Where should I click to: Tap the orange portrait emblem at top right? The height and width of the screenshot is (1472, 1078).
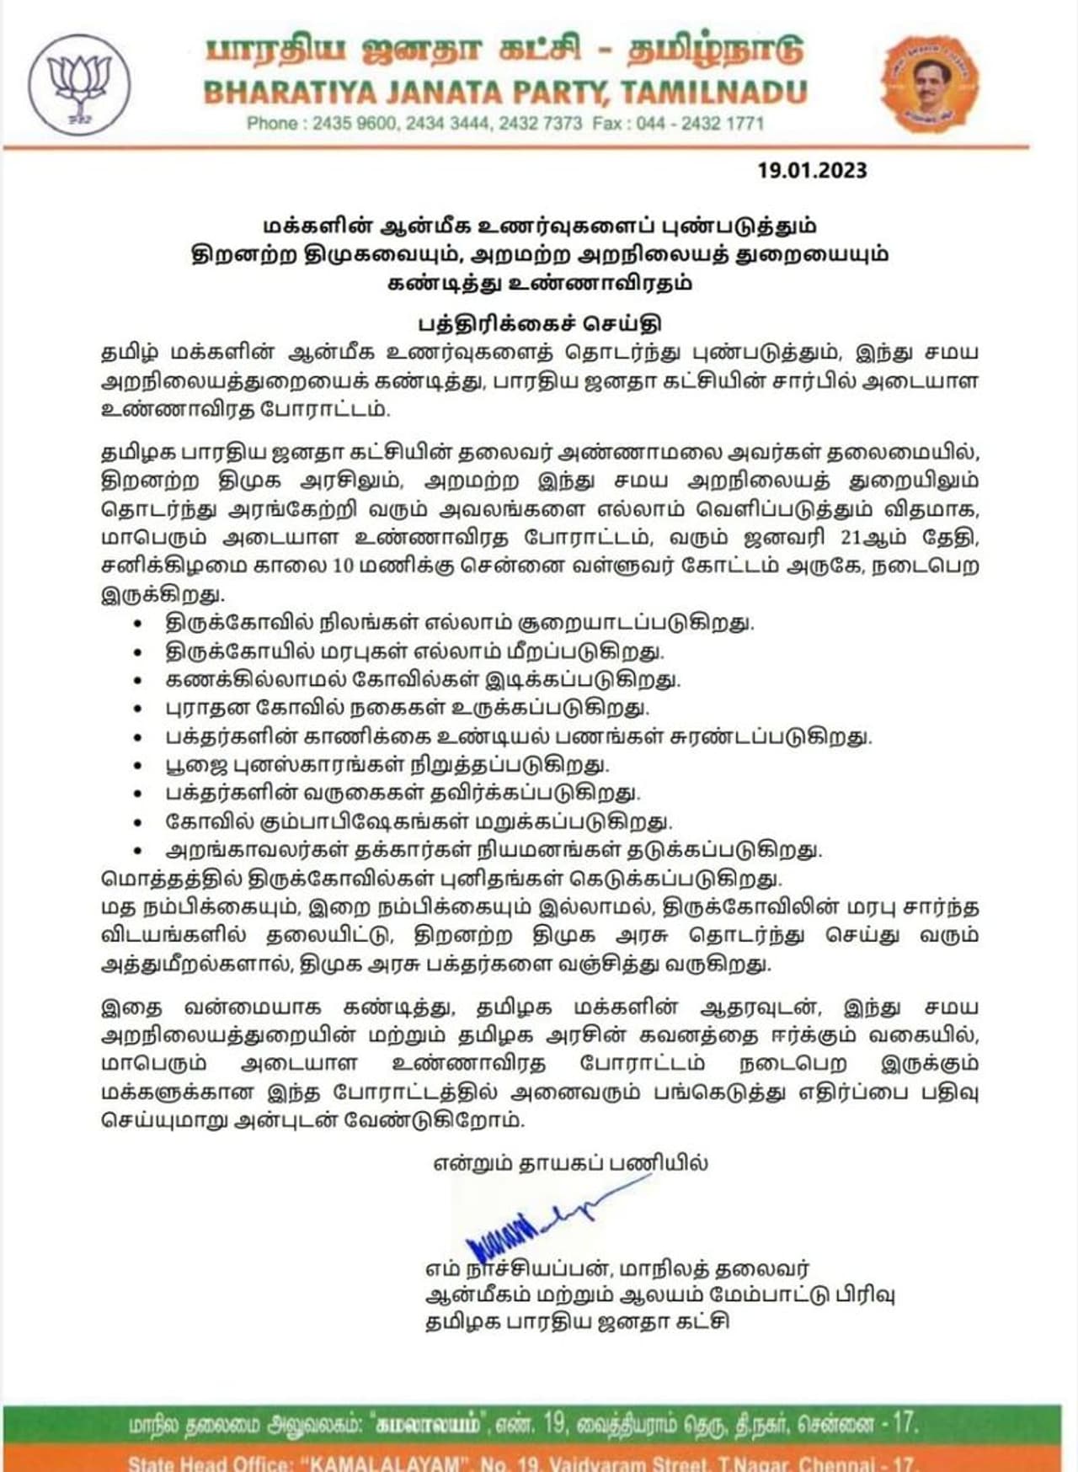point(929,83)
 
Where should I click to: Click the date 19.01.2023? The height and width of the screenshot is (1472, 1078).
point(811,170)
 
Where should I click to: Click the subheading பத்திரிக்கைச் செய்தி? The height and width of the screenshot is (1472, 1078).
point(540,324)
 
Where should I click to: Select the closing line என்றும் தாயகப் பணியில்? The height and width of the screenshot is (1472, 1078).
point(570,1163)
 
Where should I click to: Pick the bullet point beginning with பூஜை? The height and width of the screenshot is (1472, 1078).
point(387,765)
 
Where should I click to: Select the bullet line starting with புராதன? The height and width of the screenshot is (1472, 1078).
point(407,708)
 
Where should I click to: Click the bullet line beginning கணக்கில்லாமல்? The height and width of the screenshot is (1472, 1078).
point(422,679)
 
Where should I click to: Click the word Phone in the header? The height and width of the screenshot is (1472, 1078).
point(272,124)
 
